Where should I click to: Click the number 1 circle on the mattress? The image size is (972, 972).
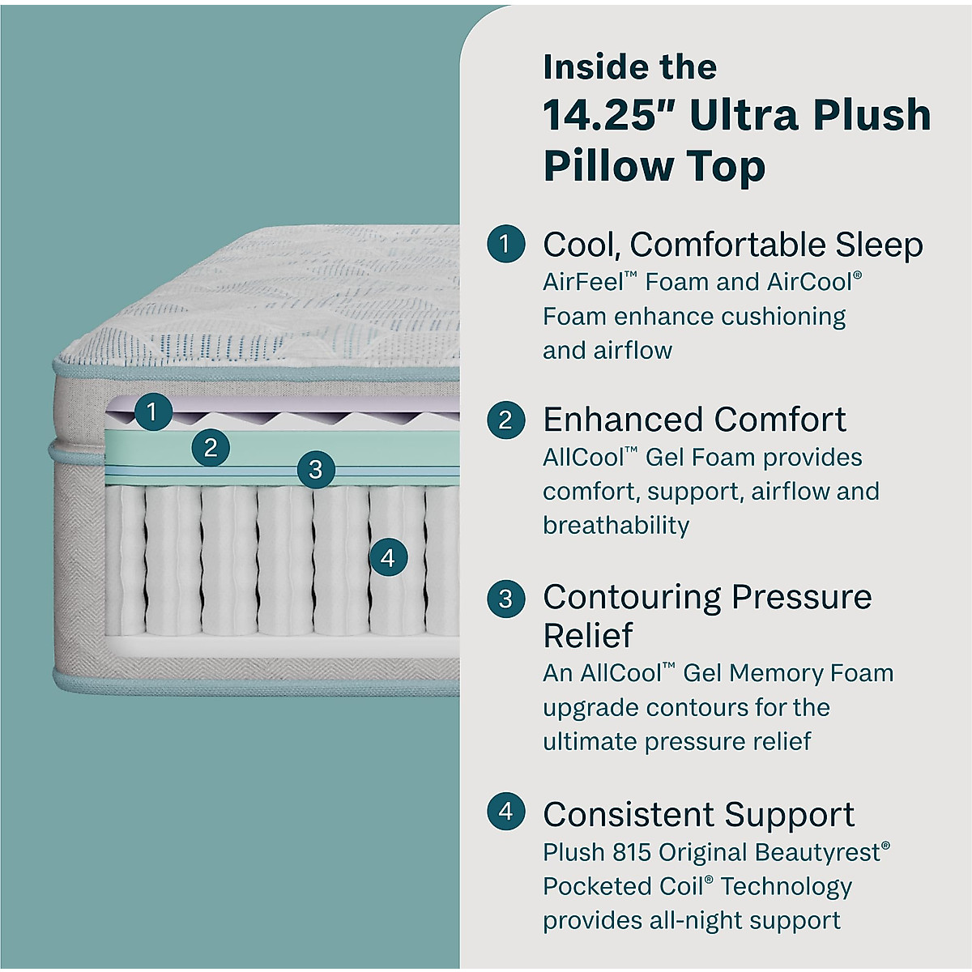151,412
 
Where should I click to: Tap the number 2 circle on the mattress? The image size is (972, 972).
211,447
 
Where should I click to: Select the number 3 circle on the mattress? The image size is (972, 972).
315,469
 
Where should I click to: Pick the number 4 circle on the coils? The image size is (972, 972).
387,557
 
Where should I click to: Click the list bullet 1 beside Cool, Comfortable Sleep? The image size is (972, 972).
505,244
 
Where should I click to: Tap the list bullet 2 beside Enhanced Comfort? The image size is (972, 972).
505,420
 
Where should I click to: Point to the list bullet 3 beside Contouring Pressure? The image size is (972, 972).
505,598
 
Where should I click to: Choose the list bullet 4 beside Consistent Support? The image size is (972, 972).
505,812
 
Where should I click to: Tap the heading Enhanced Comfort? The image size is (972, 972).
694,420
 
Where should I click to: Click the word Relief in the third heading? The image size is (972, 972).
587,635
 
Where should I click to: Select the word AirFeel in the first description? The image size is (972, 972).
583,282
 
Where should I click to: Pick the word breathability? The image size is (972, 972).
616,525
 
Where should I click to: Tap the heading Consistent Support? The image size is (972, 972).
698,814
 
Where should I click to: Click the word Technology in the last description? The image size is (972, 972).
786,886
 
